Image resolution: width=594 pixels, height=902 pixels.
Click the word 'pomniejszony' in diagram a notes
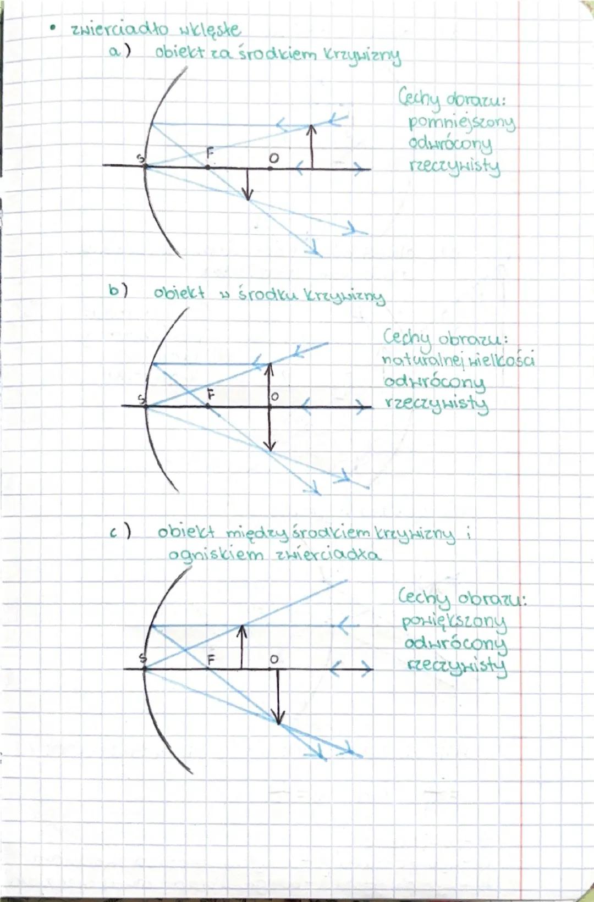pos(462,123)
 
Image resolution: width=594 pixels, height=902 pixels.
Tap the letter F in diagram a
pos(210,153)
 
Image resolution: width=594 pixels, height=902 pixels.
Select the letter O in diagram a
pos(274,158)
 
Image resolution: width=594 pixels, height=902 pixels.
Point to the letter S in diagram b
pos(141,399)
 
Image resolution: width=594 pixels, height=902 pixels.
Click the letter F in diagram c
pos(211,660)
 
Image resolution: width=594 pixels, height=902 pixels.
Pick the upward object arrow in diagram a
pos(311,147)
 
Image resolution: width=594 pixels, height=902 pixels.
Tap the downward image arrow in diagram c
pos(278,697)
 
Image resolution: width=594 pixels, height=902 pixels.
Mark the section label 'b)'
pos(118,291)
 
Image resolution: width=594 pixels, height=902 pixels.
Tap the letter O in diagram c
pos(274,660)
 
